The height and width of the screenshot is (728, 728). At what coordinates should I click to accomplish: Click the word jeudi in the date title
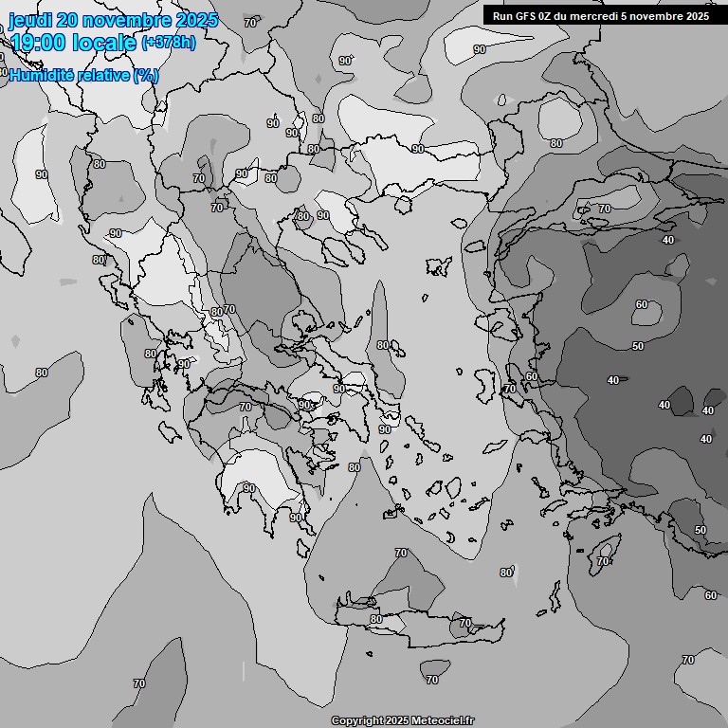27,20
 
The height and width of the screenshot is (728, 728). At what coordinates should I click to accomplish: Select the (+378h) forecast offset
168,43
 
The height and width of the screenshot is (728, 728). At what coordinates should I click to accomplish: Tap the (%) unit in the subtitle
146,76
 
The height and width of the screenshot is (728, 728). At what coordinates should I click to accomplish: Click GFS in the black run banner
527,15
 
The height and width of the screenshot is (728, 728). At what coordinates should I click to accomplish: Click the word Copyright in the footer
355,721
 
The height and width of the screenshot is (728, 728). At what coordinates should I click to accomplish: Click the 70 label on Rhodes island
603,561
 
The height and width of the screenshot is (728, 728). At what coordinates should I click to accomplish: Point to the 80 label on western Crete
376,619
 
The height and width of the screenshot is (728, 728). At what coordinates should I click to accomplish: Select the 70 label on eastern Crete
464,623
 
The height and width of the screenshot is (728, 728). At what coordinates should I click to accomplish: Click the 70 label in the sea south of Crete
432,680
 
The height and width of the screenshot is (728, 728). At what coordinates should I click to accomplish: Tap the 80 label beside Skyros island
382,345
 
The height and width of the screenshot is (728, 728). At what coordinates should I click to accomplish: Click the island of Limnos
439,266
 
